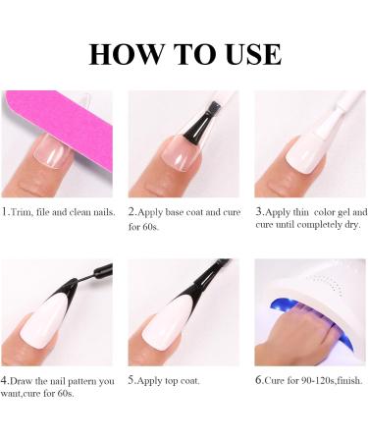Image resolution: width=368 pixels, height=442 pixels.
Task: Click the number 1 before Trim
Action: [4, 212]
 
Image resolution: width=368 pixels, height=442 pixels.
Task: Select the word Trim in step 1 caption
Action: [24, 212]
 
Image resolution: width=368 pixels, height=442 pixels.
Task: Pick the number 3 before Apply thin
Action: [258, 212]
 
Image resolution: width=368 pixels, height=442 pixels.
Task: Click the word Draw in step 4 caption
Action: [25, 379]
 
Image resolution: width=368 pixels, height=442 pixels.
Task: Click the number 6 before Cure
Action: [258, 379]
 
